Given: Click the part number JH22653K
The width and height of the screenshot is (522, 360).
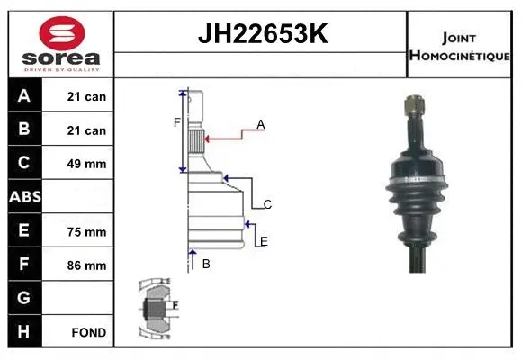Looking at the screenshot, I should (x=260, y=34).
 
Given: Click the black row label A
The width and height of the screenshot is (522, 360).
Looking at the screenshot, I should (x=24, y=96).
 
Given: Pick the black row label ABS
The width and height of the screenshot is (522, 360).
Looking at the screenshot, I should (x=24, y=196).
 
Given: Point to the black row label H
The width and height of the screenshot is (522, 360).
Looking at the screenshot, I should (x=24, y=331).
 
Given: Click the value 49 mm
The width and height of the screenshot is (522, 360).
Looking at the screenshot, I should (x=87, y=164).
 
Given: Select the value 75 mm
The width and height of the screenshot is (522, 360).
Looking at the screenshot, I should (x=87, y=231).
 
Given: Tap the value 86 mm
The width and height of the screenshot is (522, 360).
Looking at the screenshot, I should (x=87, y=265).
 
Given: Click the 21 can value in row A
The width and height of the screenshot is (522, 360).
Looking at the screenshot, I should (x=86, y=96).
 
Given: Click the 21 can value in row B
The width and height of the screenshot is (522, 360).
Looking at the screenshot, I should (x=86, y=130).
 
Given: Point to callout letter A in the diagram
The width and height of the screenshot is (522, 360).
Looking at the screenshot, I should (x=260, y=124).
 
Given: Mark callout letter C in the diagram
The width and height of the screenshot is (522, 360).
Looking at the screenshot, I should (x=267, y=204).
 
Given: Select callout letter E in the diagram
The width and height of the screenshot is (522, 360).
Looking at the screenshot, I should (x=264, y=241).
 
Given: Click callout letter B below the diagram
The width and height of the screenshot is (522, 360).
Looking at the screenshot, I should (x=206, y=264).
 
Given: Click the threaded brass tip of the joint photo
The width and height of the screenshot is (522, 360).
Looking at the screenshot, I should (x=412, y=108).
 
